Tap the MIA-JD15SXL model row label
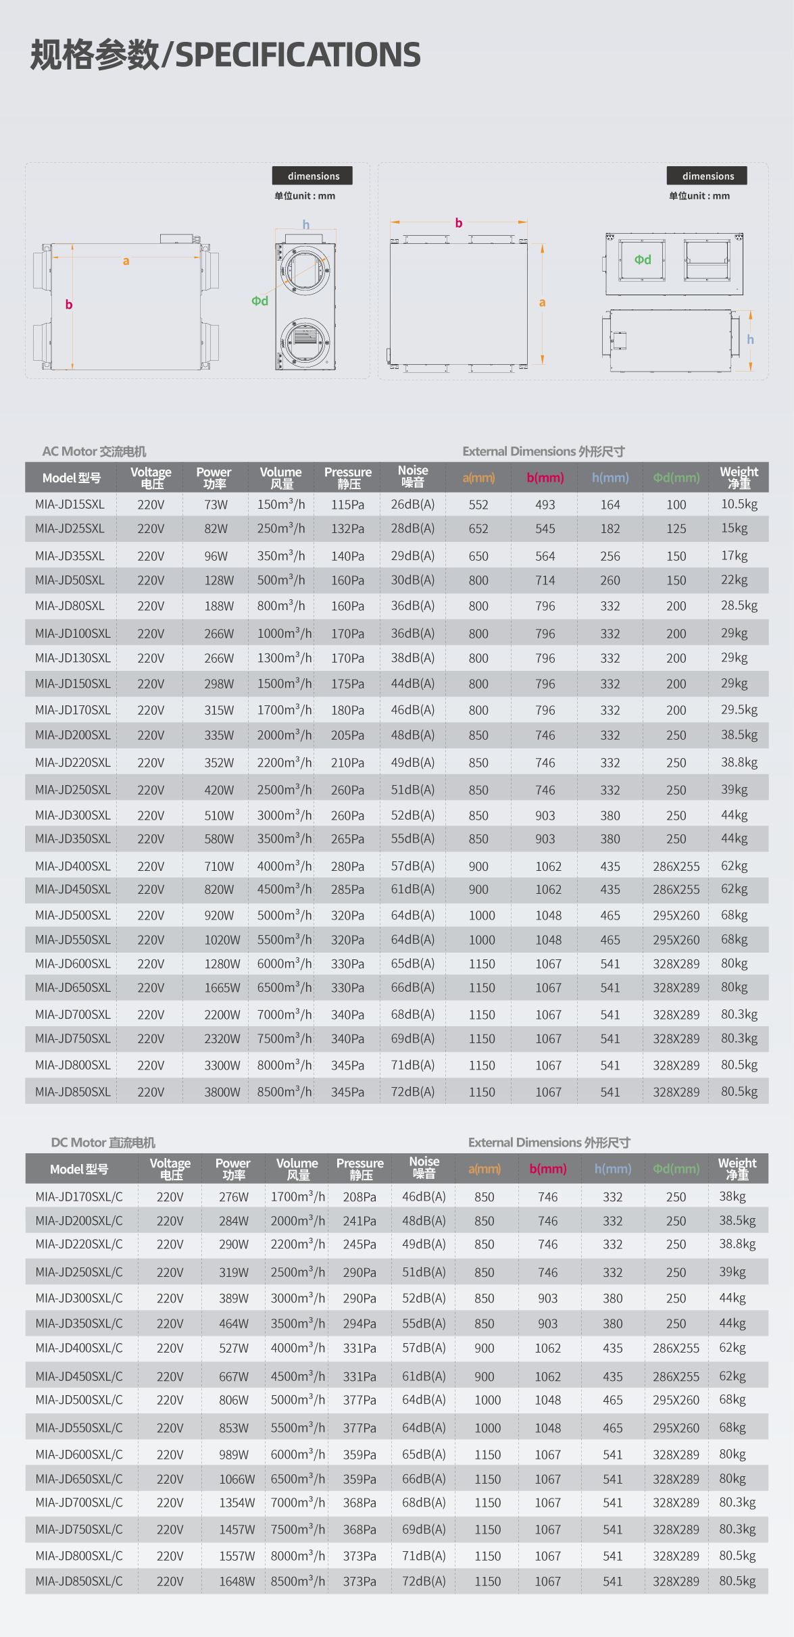coord(70,505)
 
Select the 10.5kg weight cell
coord(739,504)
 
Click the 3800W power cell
coord(222,1092)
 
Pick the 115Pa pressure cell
coord(347,505)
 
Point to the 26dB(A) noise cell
coord(412,505)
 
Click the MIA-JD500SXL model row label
coord(72,915)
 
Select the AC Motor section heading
coord(94,451)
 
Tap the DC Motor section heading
coord(103,1142)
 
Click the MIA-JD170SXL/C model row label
coord(79,1197)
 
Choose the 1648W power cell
coord(237,1582)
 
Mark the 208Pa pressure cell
coord(359,1197)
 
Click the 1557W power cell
coord(237,1556)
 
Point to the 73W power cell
coord(216,505)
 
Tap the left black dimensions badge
coord(312,176)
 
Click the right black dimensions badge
coord(707,176)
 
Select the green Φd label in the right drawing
coord(643,259)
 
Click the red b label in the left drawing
coord(69,305)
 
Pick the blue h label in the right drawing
coord(750,340)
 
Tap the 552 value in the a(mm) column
coord(478,505)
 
